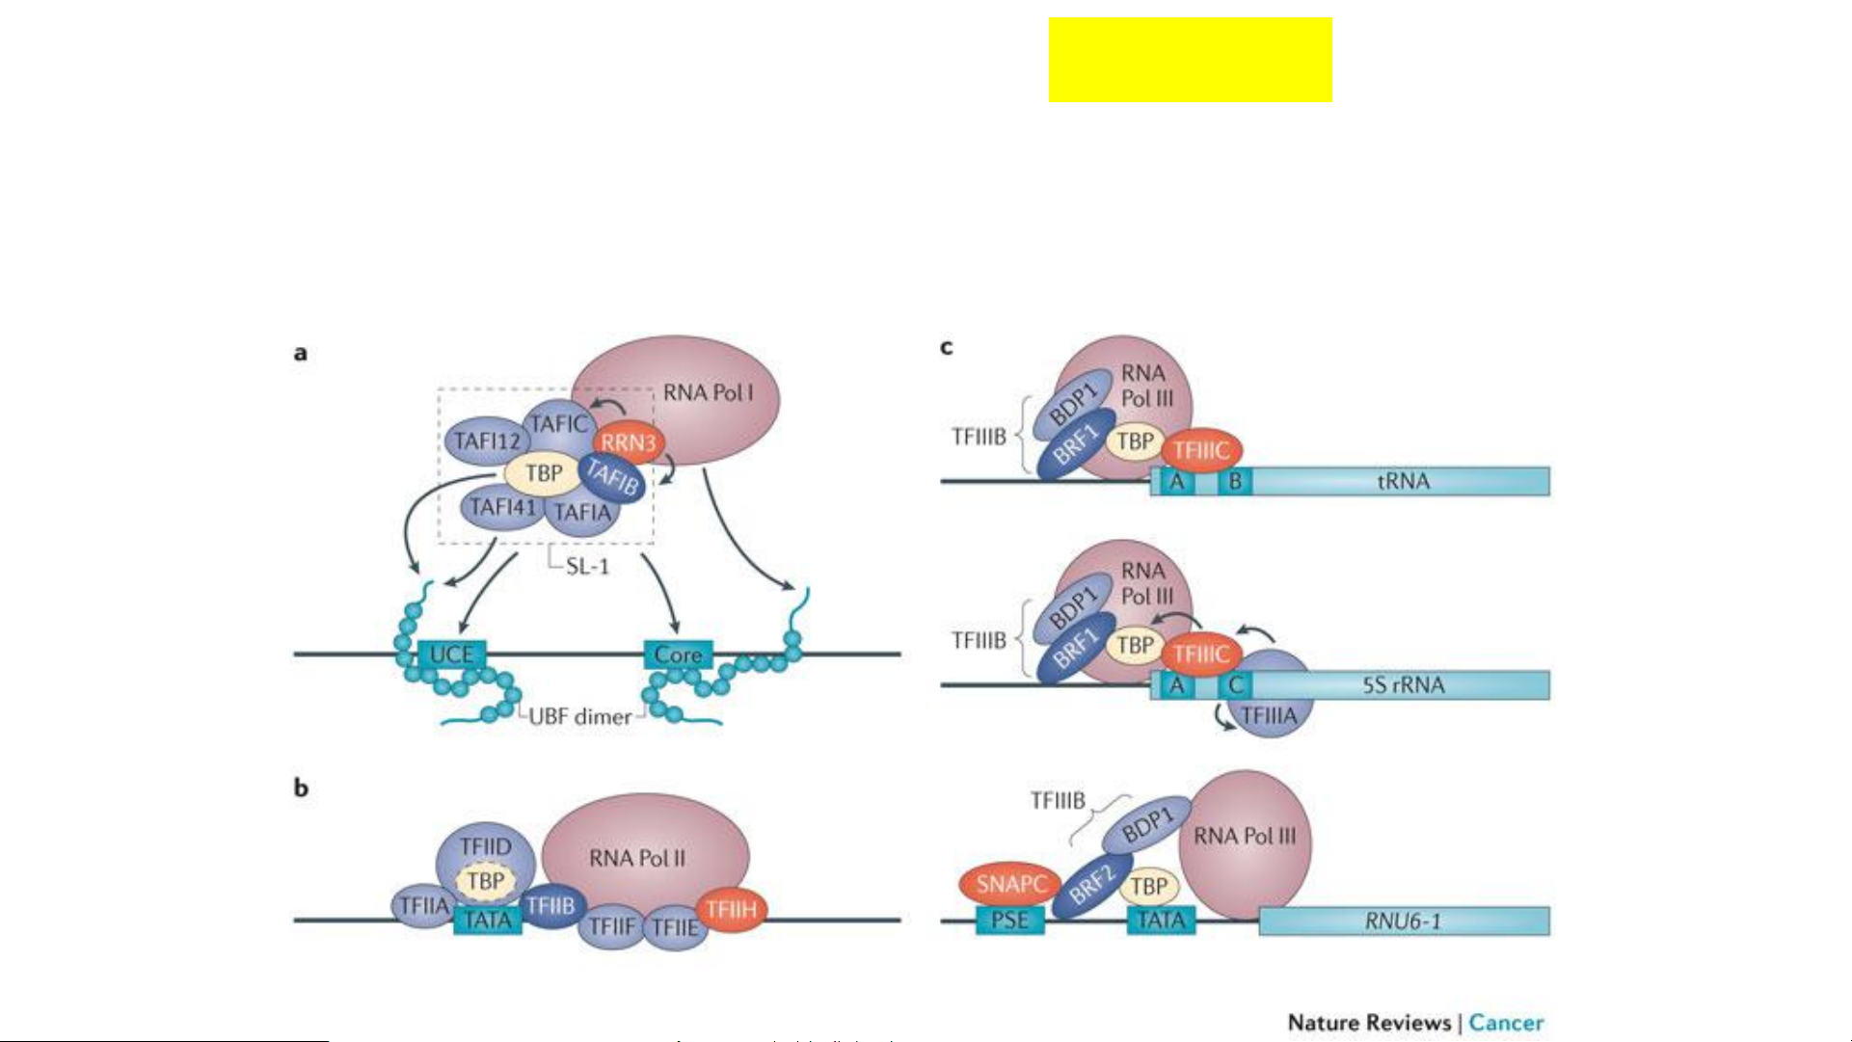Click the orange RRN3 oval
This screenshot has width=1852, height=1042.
point(629,443)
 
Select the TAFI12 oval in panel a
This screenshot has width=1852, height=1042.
point(487,441)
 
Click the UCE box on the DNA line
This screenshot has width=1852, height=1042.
point(451,655)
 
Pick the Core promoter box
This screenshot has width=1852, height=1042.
point(678,655)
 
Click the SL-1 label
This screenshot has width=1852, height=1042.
point(587,567)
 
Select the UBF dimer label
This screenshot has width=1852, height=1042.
point(580,717)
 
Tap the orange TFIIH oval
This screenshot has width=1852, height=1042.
point(731,909)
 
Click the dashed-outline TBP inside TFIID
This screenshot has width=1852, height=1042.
point(485,881)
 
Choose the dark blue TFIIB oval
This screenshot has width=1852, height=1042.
point(550,906)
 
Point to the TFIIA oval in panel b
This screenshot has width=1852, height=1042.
point(424,906)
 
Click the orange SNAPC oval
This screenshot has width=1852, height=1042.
point(1010,885)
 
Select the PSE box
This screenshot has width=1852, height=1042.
point(1009,921)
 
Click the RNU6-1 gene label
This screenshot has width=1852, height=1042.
point(1403,922)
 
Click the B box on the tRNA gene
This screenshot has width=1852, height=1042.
point(1235,481)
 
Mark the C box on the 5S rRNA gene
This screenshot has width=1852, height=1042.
point(1235,685)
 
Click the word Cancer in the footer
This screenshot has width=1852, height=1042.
point(1506,1023)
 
